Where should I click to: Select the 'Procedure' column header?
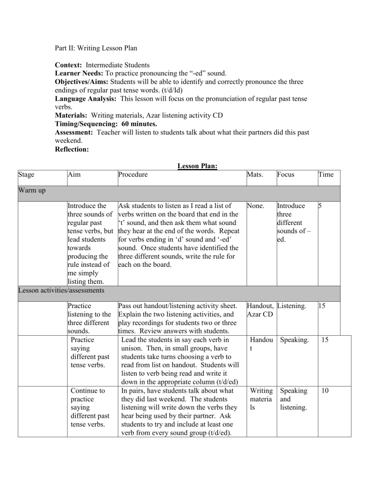pyautogui.click(x=133, y=174)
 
